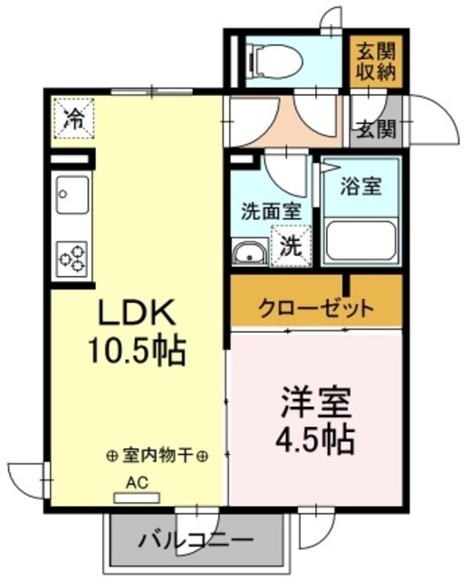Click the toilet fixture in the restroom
(276, 61)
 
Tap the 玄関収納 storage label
(376, 62)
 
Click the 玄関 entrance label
(377, 129)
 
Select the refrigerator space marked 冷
(74, 119)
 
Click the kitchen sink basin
(72, 195)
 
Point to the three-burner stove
(72, 259)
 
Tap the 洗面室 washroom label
(271, 212)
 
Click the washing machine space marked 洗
(290, 246)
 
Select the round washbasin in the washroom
(250, 252)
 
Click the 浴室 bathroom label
(360, 185)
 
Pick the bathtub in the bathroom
(361, 241)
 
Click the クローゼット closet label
(316, 308)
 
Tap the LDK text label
(136, 312)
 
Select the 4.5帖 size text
(315, 441)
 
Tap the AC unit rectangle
(137, 498)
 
